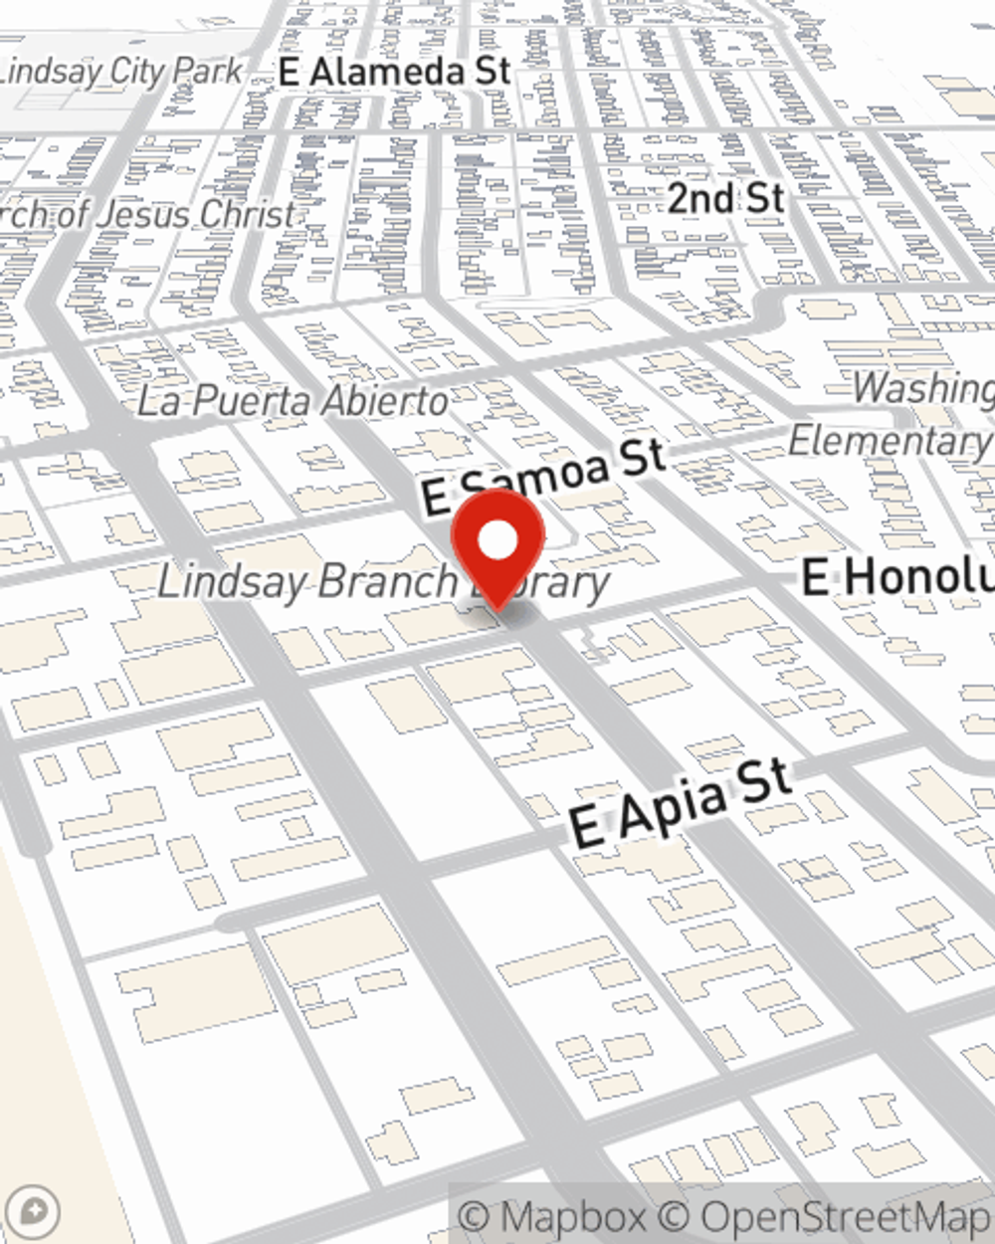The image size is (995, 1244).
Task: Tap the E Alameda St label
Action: [x=395, y=72]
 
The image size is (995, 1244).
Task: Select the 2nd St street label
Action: [x=725, y=199]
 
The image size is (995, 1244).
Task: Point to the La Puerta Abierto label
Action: [x=293, y=401]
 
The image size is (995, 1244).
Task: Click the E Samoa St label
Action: [x=543, y=476]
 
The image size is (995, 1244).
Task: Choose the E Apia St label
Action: [x=682, y=804]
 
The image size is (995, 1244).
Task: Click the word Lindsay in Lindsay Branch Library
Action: [x=220, y=582]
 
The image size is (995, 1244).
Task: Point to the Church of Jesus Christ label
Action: [x=149, y=214]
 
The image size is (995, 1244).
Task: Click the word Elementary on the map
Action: [x=890, y=441]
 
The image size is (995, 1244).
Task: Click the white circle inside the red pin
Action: [x=497, y=541]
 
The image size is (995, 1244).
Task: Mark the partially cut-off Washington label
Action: [x=922, y=388]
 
